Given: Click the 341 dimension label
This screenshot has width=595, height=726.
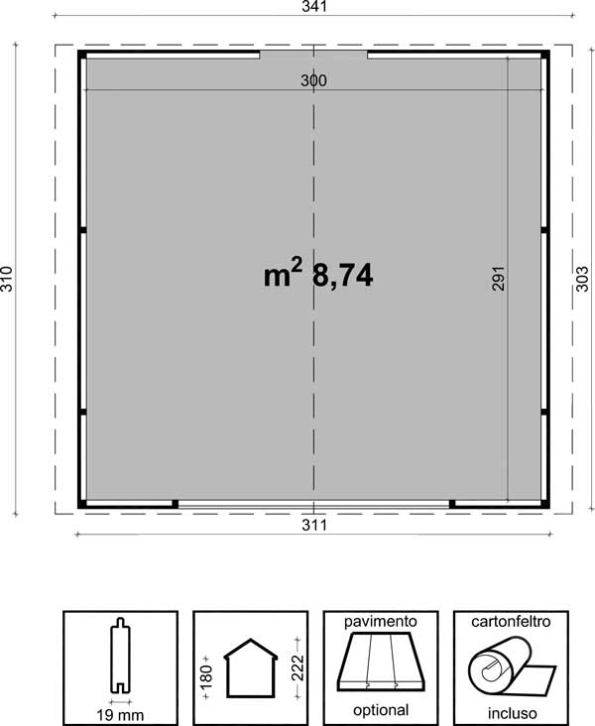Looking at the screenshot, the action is click(314, 7).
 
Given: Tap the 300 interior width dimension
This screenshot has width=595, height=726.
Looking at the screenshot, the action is click(313, 80).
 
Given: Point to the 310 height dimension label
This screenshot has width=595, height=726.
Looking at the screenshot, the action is click(7, 279).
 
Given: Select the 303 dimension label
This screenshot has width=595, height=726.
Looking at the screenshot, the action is click(582, 279).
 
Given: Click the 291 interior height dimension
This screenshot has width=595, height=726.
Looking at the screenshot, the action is click(498, 279).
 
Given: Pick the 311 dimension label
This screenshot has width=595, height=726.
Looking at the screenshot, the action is click(314, 525).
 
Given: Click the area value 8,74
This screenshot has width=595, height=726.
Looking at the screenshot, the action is click(343, 276).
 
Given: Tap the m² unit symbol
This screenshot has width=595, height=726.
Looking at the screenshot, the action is click(283, 273).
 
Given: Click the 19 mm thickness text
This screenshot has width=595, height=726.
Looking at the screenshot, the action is click(120, 715).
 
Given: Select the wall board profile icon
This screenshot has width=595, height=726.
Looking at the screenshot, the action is click(120, 656).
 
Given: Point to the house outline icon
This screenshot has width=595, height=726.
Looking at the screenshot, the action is click(251, 668).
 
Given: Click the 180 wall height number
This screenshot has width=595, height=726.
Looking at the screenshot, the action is click(206, 676).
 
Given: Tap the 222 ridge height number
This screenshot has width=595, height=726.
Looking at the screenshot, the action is click(297, 667).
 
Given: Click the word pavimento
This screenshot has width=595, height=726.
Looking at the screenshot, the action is click(381, 621).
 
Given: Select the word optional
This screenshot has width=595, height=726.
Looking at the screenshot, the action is click(381, 710).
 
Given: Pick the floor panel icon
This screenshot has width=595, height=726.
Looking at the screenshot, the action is click(381, 662).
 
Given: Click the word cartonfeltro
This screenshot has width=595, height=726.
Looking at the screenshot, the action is click(511, 621).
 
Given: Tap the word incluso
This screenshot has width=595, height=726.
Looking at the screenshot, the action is click(512, 713).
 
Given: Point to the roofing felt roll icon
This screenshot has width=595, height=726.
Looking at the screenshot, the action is click(511, 667).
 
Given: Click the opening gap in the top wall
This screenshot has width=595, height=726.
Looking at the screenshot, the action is click(313, 55).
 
